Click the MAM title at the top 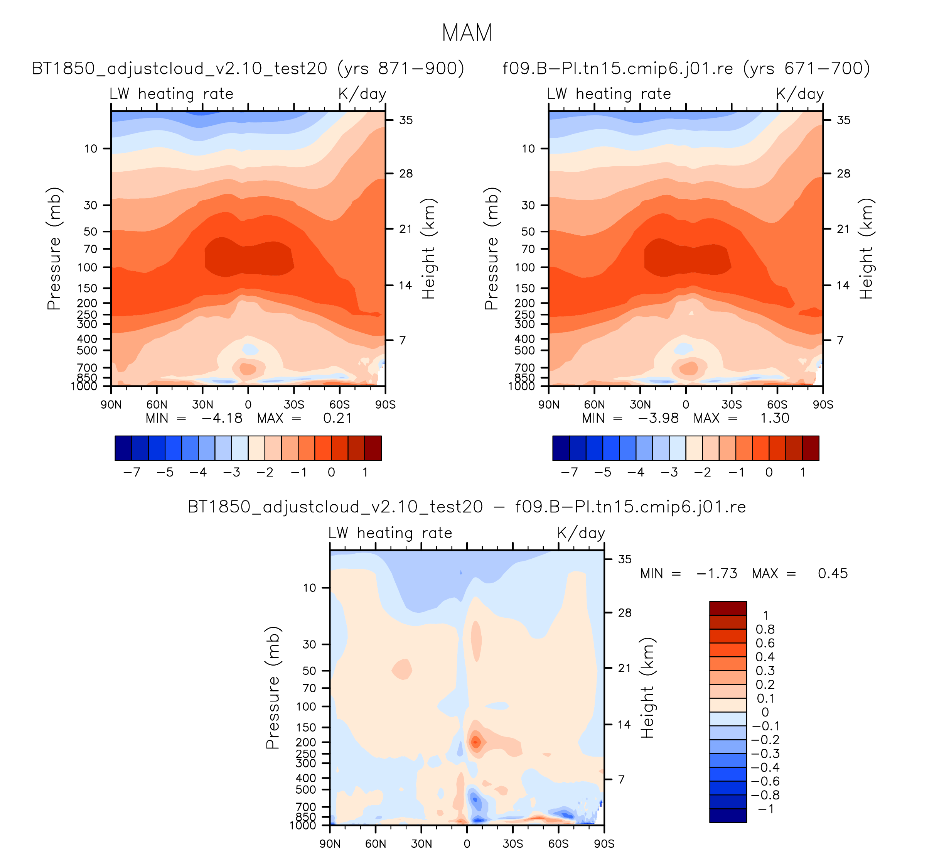467,33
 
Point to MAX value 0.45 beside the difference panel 833,573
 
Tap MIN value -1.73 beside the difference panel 717,573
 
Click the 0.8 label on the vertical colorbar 765,629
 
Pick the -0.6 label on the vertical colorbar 765,781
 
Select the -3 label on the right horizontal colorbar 669,472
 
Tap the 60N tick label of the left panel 157,405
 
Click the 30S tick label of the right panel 731,405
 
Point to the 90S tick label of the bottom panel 604,843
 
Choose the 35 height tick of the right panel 844,120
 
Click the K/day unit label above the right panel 800,94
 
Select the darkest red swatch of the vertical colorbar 728,608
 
